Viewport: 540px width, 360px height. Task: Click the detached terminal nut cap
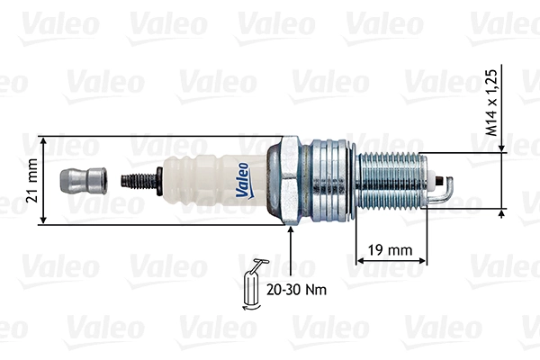pyautogui.click(x=82, y=181)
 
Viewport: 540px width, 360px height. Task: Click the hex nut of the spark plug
pyautogui.click(x=287, y=180)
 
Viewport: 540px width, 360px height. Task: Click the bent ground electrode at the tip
pyautogui.click(x=443, y=185)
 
